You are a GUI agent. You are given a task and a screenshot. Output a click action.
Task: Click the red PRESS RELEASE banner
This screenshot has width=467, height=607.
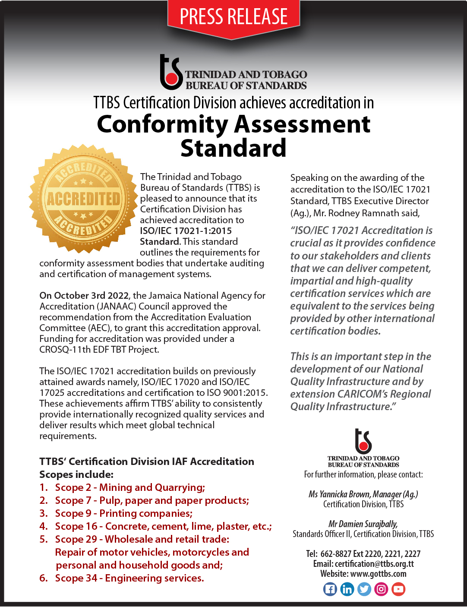(x=233, y=17)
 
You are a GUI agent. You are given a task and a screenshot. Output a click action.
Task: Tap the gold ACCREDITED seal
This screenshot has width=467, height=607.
(x=83, y=199)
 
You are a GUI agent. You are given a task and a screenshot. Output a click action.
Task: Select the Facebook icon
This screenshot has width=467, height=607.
(x=330, y=589)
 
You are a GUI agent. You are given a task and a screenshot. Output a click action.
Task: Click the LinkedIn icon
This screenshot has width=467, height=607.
(x=347, y=589)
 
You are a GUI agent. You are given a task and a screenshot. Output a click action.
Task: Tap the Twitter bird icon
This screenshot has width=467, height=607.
(x=364, y=589)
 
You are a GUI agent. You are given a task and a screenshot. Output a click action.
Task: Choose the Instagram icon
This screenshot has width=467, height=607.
(x=381, y=589)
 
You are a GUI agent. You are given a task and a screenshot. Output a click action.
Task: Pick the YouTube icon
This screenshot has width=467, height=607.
(x=398, y=589)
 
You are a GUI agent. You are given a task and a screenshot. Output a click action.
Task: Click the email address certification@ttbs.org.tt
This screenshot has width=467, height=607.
(x=374, y=564)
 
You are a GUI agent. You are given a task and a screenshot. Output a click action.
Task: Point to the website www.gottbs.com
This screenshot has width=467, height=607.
(x=378, y=574)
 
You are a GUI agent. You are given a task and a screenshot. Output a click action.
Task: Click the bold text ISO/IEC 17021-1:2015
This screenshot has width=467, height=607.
(x=186, y=231)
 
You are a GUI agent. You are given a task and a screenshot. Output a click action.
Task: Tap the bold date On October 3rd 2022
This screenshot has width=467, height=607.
(x=84, y=296)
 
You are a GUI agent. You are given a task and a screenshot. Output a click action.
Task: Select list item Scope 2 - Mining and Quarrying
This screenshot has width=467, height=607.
(x=129, y=487)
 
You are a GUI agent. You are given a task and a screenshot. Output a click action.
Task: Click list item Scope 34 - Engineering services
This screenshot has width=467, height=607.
(x=129, y=578)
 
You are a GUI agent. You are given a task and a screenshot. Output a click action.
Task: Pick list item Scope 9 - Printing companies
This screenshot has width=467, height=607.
(x=123, y=513)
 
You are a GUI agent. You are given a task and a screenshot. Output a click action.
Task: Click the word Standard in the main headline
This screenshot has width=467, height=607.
(x=233, y=148)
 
